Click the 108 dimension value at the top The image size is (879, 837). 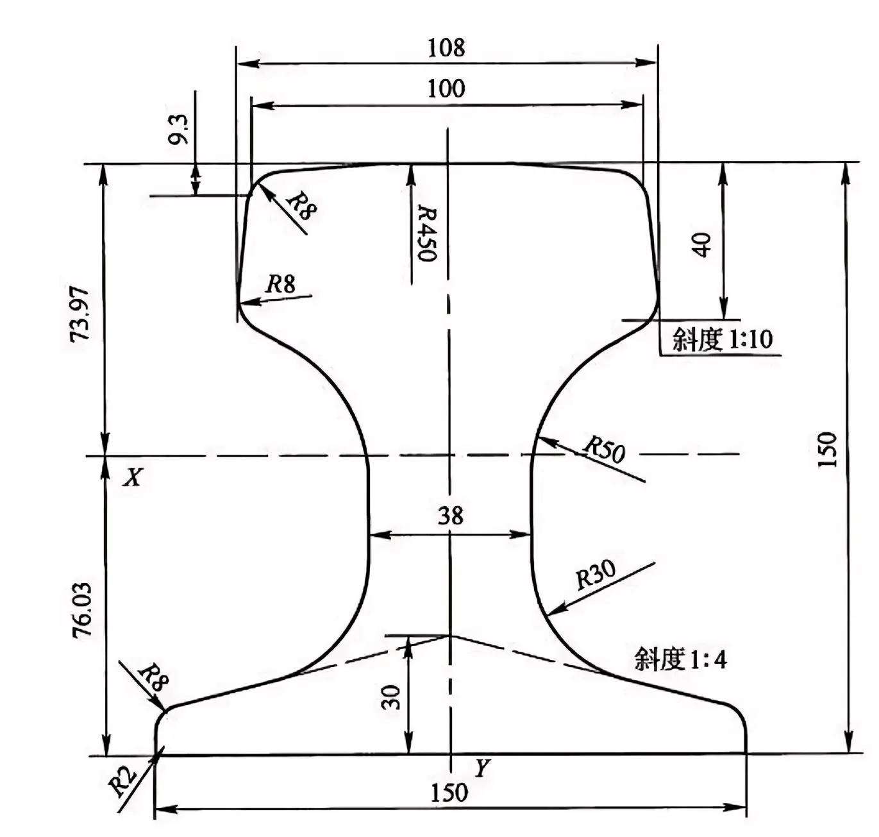pos(446,47)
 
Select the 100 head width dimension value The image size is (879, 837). pos(446,88)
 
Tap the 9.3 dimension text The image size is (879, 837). pos(178,129)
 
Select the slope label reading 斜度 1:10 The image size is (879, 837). pos(722,339)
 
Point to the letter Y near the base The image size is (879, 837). pos(482,768)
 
